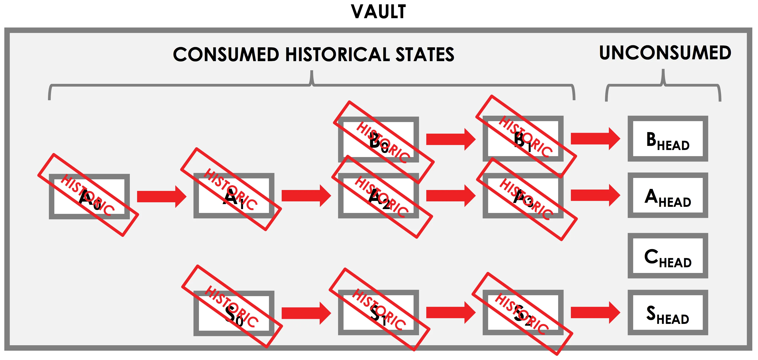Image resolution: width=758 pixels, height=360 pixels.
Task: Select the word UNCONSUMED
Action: [x=665, y=53]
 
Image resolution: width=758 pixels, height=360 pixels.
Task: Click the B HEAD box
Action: [x=668, y=139]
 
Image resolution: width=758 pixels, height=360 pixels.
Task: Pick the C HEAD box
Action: [x=668, y=256]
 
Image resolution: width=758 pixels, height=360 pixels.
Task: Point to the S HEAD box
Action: [x=668, y=312]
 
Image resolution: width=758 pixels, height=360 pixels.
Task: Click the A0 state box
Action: [x=89, y=196]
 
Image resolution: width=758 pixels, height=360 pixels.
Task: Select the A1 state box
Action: [x=234, y=196]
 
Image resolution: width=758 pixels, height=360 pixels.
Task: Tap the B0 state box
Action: [x=378, y=139]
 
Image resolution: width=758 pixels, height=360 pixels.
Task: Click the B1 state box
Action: [x=523, y=139]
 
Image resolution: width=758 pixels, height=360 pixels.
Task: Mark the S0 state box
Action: [x=234, y=313]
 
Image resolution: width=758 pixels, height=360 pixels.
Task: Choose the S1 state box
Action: [x=378, y=312]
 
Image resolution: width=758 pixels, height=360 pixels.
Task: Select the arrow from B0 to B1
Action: [x=451, y=139]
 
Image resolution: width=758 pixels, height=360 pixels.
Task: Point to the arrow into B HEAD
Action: [x=595, y=139]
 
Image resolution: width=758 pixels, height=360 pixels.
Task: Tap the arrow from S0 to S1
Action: [x=306, y=313]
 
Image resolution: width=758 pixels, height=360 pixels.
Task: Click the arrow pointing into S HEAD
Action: [x=595, y=312]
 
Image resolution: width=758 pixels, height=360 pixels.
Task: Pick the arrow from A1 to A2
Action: [x=306, y=196]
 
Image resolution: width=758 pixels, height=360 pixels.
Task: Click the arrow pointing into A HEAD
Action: [x=595, y=195]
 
